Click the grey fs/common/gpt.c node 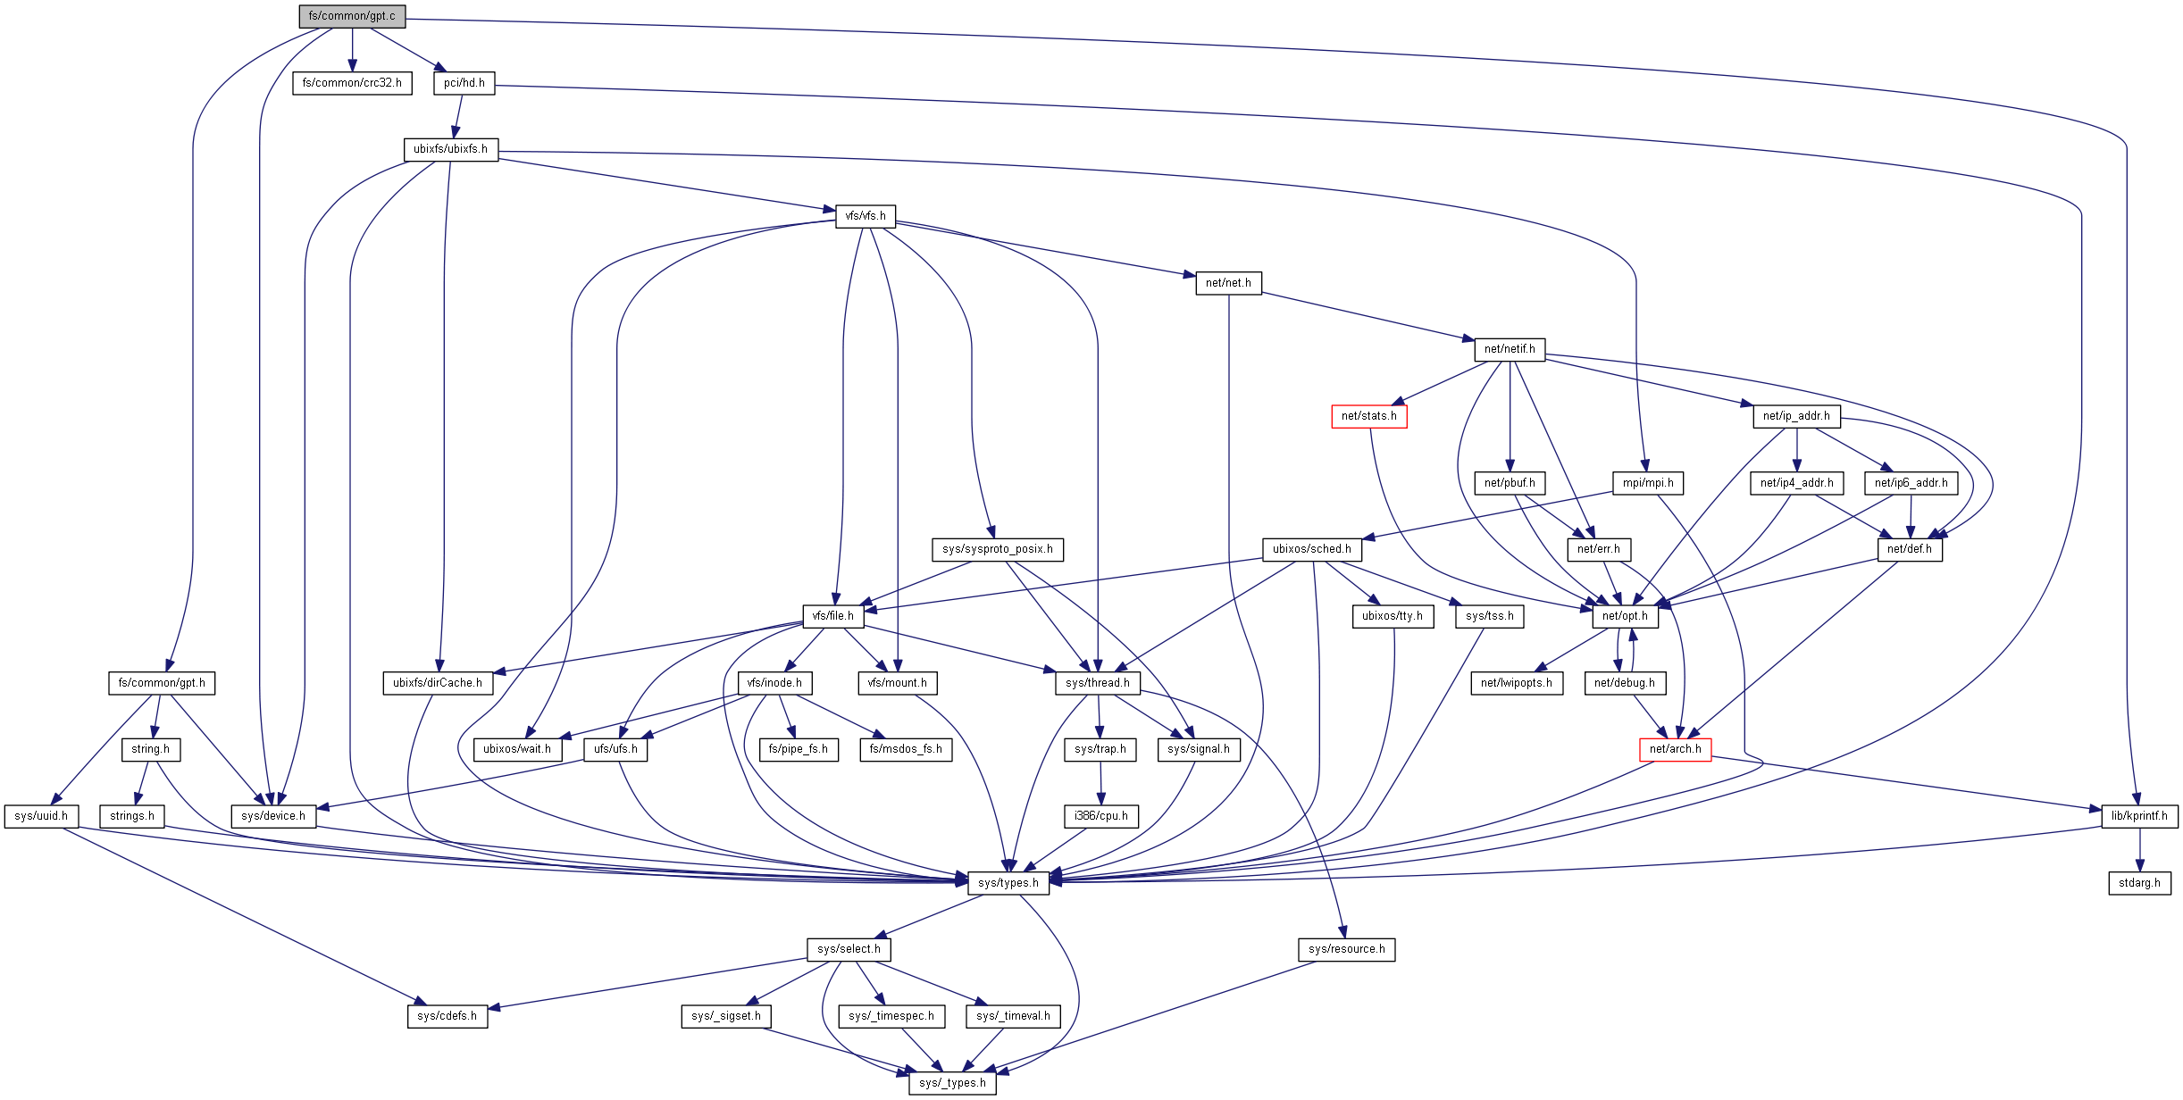[352, 16]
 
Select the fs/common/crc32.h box [352, 83]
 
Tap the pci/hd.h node [464, 83]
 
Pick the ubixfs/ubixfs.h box [450, 149]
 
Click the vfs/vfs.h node [866, 216]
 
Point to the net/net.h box [1228, 283]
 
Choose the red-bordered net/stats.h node [1368, 416]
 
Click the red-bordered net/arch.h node [1675, 749]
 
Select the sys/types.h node [1008, 883]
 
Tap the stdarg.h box [2139, 883]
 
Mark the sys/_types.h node [952, 1083]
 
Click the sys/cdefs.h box [447, 1016]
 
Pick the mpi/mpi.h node [1648, 483]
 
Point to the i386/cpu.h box [1100, 816]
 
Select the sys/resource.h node [1346, 949]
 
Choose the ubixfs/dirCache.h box [438, 683]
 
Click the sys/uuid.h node [41, 816]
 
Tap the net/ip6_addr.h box [1911, 483]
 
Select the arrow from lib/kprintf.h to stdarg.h [2139, 849]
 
